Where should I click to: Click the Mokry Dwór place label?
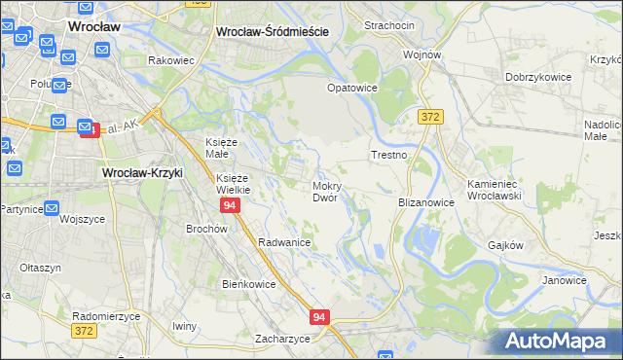[325, 191]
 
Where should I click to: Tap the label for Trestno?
[387, 155]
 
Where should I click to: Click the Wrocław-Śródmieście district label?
[272, 31]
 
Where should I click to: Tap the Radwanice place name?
[284, 242]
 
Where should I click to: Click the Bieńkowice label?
[249, 284]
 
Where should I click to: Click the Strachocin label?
[389, 24]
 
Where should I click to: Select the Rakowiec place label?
[171, 60]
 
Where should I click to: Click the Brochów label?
[206, 229]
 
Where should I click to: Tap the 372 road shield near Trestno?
[430, 117]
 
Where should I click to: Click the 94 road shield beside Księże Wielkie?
[230, 206]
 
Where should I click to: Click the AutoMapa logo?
[562, 340]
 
